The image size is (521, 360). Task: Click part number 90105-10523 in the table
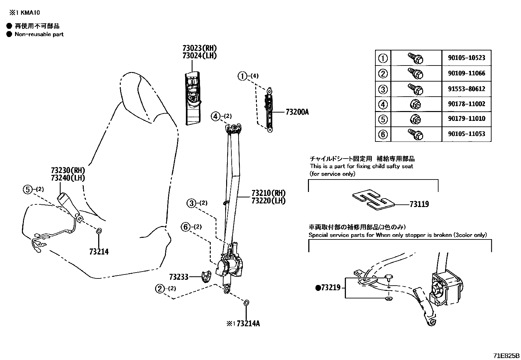(466, 58)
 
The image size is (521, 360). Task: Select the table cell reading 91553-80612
(466, 89)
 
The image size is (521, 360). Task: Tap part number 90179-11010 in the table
(466, 119)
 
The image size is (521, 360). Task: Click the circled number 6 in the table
(383, 134)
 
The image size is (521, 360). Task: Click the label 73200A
(297, 112)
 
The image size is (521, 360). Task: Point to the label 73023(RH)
(200, 48)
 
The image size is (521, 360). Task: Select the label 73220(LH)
(268, 200)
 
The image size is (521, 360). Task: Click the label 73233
(179, 277)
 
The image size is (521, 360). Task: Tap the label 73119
(419, 204)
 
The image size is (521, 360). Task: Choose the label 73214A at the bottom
(248, 324)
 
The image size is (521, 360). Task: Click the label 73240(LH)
(68, 178)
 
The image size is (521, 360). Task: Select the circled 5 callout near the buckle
(28, 189)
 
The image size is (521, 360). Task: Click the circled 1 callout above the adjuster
(242, 76)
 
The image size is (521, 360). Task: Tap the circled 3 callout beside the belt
(192, 203)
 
